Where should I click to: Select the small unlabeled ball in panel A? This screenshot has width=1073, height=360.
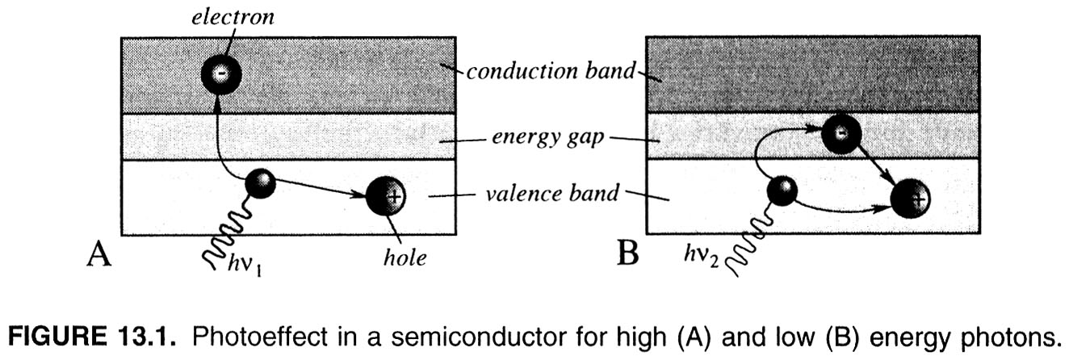(x=259, y=183)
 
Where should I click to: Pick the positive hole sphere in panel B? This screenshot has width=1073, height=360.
(x=912, y=196)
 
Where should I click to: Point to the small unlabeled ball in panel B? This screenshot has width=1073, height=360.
(x=782, y=191)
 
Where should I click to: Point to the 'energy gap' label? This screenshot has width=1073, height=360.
(x=547, y=138)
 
